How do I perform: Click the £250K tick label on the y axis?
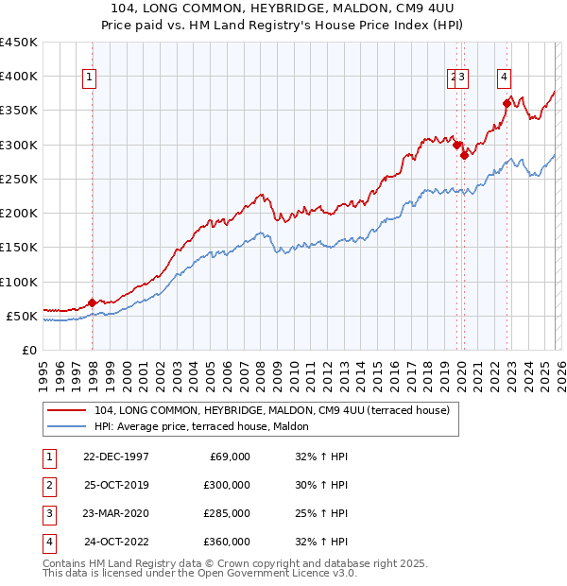[18, 179]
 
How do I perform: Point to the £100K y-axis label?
[18, 282]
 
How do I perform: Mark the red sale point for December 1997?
[92, 302]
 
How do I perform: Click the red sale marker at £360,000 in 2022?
[507, 103]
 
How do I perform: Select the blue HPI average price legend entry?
[209, 426]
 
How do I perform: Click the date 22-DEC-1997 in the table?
[115, 457]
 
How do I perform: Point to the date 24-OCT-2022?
[116, 542]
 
